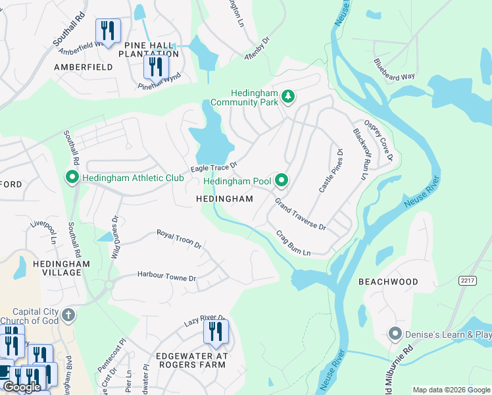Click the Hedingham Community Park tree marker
point(287,97)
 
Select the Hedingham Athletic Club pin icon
point(72,178)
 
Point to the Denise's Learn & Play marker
point(395,334)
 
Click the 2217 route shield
point(468,280)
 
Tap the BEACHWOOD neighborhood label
point(388,282)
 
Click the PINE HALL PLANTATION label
point(149,49)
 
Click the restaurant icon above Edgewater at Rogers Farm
point(216,332)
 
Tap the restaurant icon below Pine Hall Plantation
point(156,66)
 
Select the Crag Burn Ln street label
point(293,243)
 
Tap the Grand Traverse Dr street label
point(300,214)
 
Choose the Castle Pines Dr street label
point(331,171)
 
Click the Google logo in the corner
point(22,387)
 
